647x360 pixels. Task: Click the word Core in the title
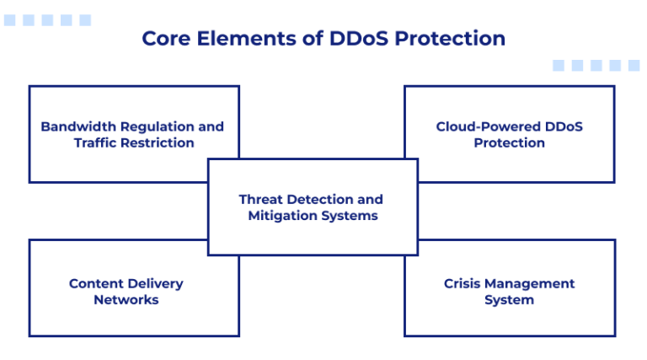(163, 39)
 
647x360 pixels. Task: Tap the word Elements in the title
(234, 39)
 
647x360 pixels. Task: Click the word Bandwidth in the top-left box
(78, 126)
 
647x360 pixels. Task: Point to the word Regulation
(158, 126)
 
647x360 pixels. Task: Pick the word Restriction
(158, 142)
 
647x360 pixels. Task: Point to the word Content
(96, 283)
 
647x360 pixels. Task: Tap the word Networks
(126, 299)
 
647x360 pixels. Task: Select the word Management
(533, 283)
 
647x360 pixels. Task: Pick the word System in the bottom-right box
(509, 299)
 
